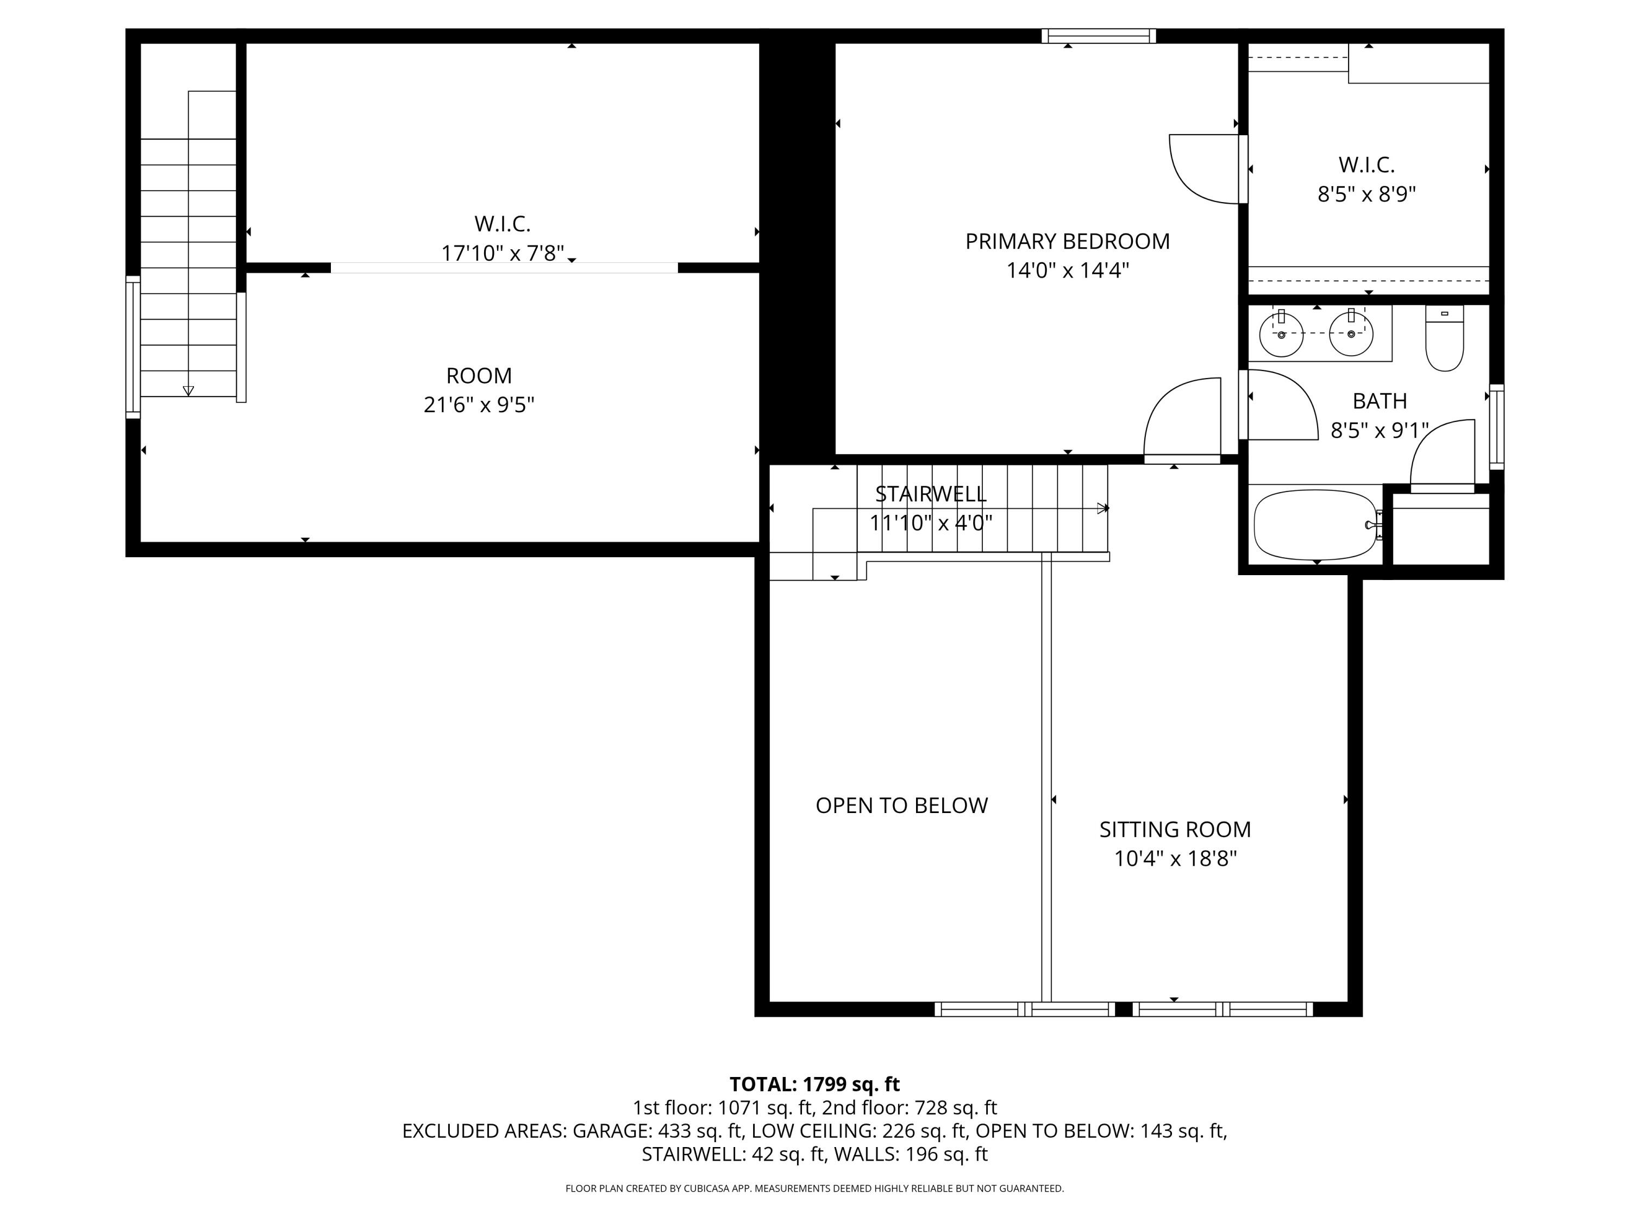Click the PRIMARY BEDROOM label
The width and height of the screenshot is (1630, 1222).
[1067, 242]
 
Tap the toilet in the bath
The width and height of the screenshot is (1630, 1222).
[1444, 339]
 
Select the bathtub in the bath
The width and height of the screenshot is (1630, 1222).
[1315, 525]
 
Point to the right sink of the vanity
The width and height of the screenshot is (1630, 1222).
[1351, 333]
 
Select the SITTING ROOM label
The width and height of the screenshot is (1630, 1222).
[1175, 829]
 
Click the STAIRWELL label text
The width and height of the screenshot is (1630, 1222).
[930, 494]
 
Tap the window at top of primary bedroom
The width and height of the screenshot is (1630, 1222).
[1098, 35]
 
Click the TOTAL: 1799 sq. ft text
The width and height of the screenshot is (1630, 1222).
[814, 1084]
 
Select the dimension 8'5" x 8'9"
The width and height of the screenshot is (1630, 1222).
[1366, 194]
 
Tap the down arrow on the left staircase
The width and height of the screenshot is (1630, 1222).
[189, 391]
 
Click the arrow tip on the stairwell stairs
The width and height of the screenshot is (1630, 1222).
[1103, 508]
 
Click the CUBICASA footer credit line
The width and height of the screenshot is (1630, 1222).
[814, 1188]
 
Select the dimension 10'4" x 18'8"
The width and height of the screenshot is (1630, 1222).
[1175, 859]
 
